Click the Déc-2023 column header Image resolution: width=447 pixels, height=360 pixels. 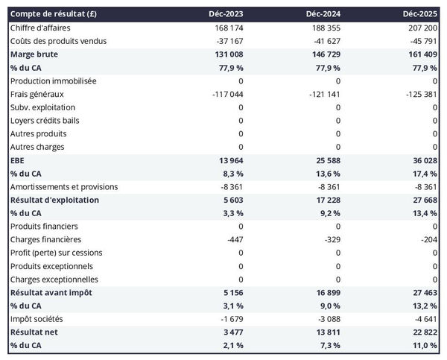pos(226,14)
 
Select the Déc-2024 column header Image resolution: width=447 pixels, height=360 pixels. pos(323,14)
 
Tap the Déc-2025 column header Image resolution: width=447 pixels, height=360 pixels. pos(420,14)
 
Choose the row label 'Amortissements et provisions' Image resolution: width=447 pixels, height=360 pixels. pos(64,186)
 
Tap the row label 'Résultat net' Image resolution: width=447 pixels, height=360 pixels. pos(34,332)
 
